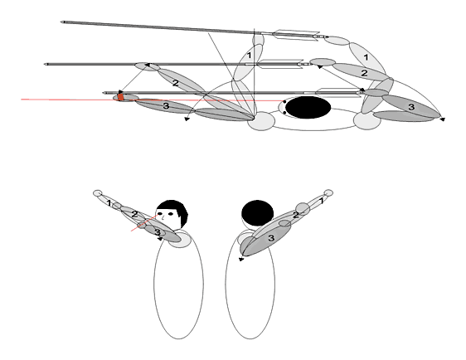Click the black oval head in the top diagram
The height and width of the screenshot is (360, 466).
tap(308, 107)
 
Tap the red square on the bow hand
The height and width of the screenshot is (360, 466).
tap(121, 97)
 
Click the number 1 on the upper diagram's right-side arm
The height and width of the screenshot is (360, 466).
tap(366, 57)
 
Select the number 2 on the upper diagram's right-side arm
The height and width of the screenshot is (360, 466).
tap(364, 73)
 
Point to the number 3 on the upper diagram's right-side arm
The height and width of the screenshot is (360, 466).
tap(411, 107)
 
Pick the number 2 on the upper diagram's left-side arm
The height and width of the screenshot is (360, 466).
tap(176, 83)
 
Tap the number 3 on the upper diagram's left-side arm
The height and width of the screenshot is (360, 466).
tap(166, 105)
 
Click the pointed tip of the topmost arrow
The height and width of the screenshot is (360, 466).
tap(62, 22)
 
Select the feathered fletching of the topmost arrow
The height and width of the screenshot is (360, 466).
tap(296, 35)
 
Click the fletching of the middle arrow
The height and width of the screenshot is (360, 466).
tap(279, 64)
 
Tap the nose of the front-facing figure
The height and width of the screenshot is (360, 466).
tap(163, 218)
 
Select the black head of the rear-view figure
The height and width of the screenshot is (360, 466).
tap(257, 213)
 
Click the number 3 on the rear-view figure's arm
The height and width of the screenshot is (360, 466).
tap(271, 238)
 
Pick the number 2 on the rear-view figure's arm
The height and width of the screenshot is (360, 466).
tap(295, 215)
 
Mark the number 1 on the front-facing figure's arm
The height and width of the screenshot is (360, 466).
tap(109, 203)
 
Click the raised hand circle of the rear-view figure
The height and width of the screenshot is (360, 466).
tap(328, 192)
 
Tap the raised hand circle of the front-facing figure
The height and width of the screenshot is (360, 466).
tap(98, 193)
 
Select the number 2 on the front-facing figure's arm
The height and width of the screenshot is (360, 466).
tap(134, 214)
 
